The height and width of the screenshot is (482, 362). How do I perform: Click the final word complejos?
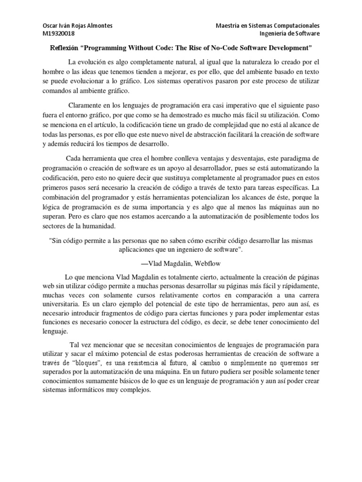[135, 390]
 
